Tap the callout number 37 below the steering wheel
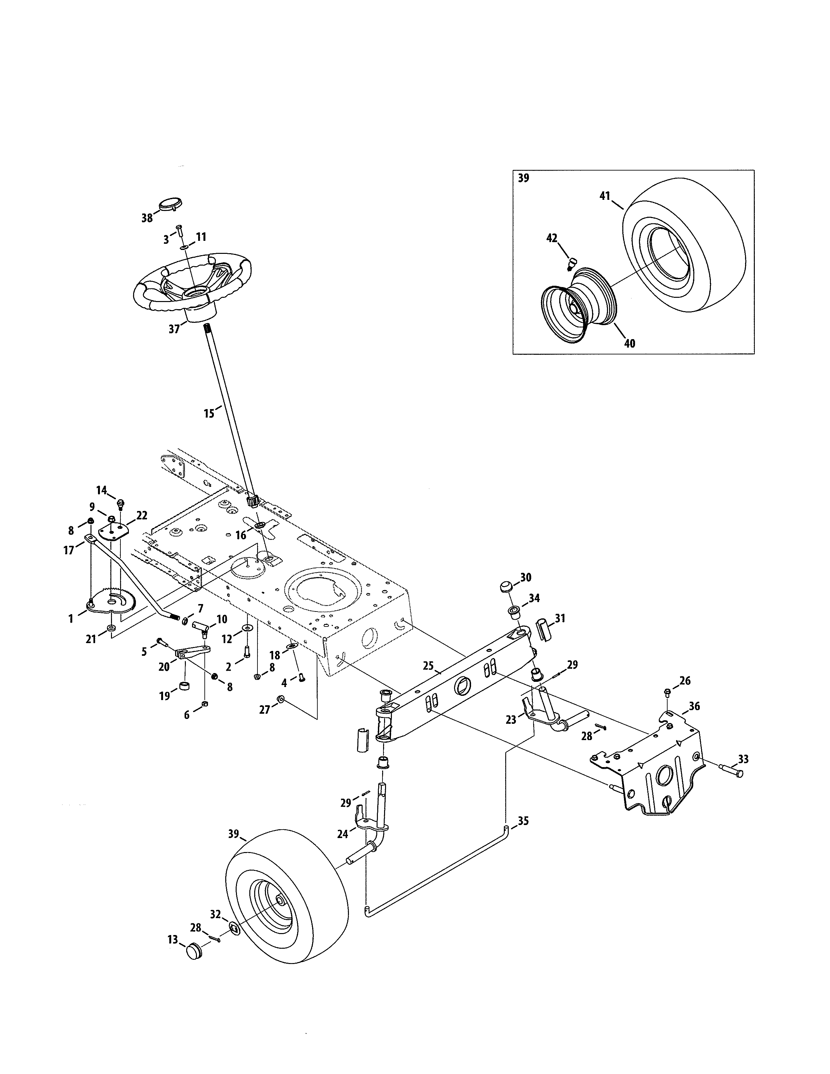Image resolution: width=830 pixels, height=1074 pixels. click(174, 329)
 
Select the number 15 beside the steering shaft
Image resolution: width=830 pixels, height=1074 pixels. click(209, 414)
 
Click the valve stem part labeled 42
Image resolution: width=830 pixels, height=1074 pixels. click(571, 263)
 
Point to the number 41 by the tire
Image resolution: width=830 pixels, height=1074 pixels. click(604, 196)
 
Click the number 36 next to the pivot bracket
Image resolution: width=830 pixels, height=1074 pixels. click(694, 706)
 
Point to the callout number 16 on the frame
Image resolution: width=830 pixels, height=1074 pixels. click(241, 535)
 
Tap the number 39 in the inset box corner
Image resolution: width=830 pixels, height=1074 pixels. click(524, 178)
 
